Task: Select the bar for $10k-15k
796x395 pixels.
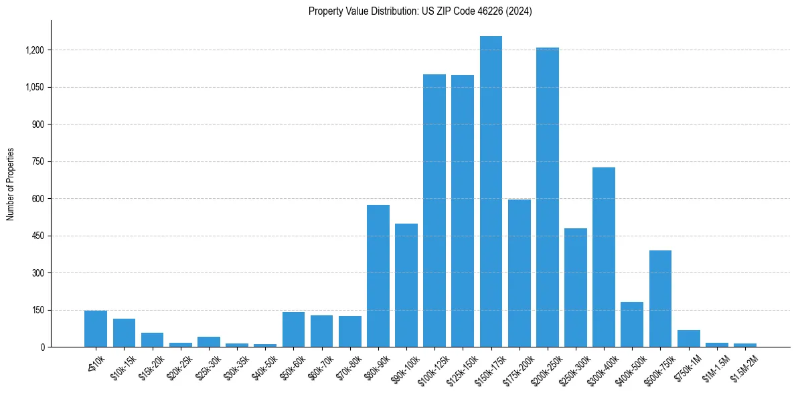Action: pyautogui.click(x=124, y=333)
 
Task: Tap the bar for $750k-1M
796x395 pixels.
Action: pyautogui.click(x=688, y=339)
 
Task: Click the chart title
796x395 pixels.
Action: pyautogui.click(x=420, y=11)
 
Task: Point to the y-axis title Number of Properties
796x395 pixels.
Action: pyautogui.click(x=11, y=184)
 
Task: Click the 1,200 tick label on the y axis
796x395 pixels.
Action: pyautogui.click(x=34, y=50)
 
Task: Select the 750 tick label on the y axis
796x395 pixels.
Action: pyautogui.click(x=37, y=161)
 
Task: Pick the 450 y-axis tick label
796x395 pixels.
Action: pyautogui.click(x=37, y=236)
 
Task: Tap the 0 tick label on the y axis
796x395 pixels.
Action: pyautogui.click(x=42, y=347)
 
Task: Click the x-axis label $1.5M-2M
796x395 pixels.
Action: pyautogui.click(x=744, y=365)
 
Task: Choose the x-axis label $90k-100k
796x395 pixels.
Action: pyautogui.click(x=404, y=366)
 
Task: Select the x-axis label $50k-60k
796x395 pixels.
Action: pyautogui.click(x=292, y=364)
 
